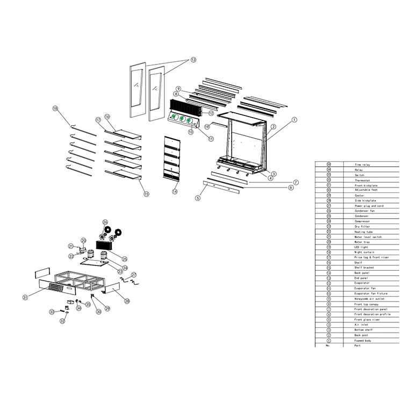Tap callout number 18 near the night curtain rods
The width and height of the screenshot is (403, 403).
[x=55, y=108]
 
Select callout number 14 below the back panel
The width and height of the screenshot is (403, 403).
[x=175, y=191]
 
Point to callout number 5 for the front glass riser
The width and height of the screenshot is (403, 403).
[x=197, y=198]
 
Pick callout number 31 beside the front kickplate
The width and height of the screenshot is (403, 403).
[x=25, y=297]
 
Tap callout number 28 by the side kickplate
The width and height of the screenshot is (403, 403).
[x=127, y=301]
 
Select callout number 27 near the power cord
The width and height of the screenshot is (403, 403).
[x=134, y=275]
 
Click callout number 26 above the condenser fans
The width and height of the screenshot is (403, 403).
[x=105, y=221]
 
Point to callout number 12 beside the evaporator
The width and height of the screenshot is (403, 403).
[x=211, y=113]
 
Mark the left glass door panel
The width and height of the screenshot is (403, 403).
[x=138, y=90]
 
